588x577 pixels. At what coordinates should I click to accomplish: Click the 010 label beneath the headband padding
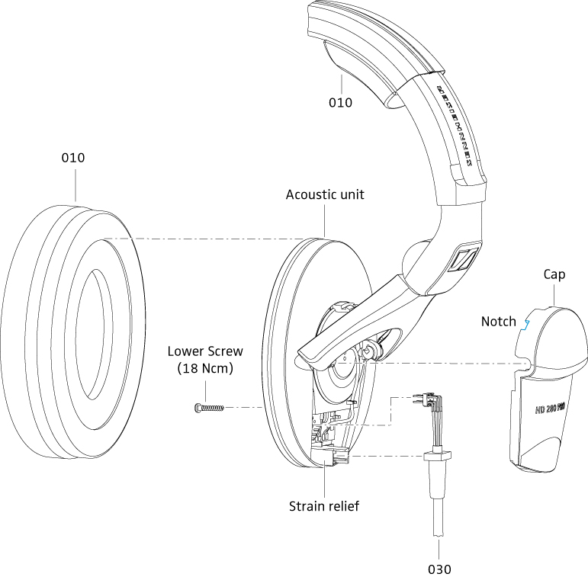[340, 102]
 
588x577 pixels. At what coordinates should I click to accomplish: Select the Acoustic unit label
[325, 194]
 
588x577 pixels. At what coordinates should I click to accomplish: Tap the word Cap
[554, 274]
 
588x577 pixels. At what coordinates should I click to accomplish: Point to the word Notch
[498, 322]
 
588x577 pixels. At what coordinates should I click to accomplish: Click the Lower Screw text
[205, 351]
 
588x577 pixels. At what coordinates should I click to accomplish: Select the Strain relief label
[324, 505]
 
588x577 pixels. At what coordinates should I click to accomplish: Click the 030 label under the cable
[439, 569]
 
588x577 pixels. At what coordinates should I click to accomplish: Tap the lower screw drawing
[208, 408]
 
